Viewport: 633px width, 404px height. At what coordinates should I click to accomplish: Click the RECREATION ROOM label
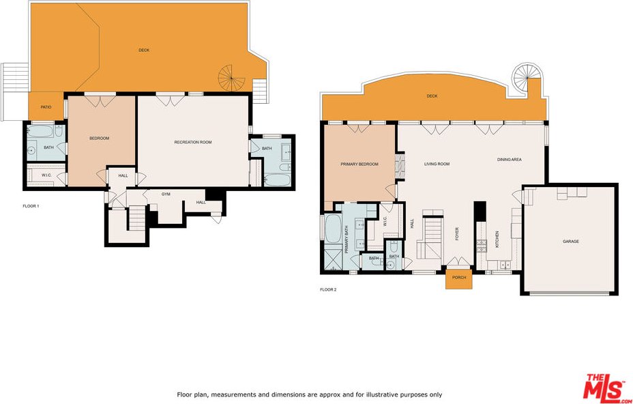coord(193,142)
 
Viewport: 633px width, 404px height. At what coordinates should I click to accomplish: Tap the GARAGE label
coord(571,241)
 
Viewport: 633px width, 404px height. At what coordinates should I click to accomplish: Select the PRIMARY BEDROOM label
coord(359,164)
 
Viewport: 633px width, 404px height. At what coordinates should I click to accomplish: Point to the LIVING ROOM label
coord(437,164)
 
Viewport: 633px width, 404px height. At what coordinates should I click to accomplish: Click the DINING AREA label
coord(509,160)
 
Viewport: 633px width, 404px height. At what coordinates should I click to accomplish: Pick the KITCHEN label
coord(497,239)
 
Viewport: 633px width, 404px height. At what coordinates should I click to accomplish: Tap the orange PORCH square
coord(459,278)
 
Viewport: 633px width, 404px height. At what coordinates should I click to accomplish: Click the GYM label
coord(166,194)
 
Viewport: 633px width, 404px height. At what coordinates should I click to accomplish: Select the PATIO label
coord(46,107)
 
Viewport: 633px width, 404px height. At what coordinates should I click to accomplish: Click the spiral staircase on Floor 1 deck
coord(231,78)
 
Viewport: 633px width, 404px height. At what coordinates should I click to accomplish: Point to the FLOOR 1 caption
coord(31,206)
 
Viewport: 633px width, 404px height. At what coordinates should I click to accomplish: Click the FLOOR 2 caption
coord(328,289)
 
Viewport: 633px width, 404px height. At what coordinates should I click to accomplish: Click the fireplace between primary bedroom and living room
coord(400,165)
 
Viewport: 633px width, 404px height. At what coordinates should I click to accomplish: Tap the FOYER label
coord(457,234)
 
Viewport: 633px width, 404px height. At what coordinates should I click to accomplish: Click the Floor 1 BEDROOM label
coord(100,138)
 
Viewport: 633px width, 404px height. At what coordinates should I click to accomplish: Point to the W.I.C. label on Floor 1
coord(46,175)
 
